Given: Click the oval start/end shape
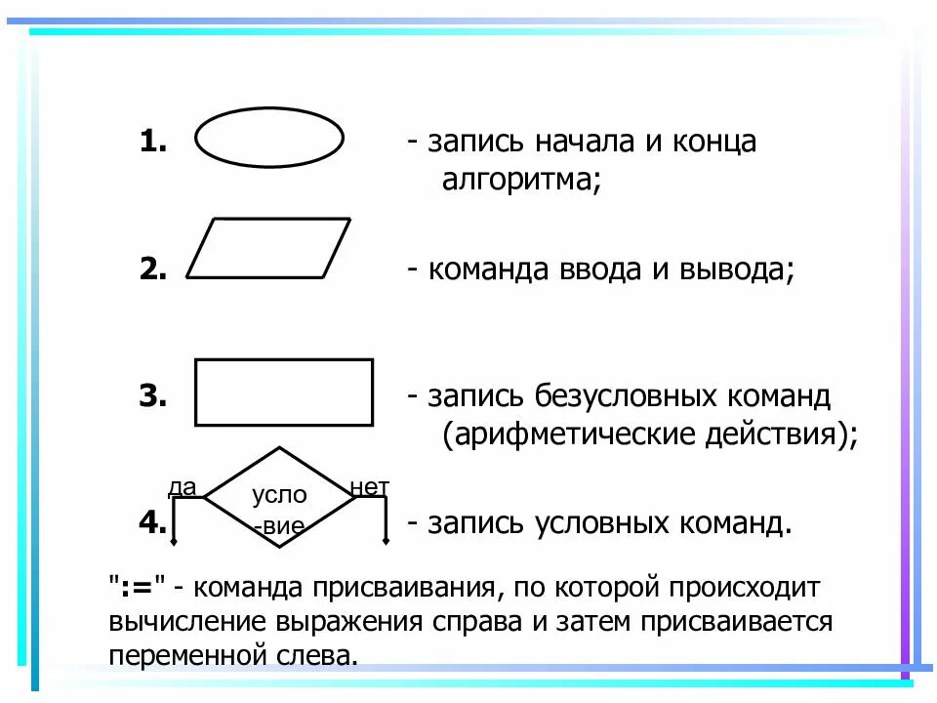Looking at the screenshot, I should tap(269, 139).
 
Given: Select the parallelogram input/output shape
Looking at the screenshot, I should tap(268, 248).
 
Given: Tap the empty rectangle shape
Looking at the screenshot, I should tap(284, 393).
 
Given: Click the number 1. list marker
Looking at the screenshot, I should tap(153, 142).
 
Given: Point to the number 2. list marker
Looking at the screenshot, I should tap(153, 269).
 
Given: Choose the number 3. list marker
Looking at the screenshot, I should tap(153, 396).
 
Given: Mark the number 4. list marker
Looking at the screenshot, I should tap(153, 523).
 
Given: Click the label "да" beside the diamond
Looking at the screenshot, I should tap(182, 485).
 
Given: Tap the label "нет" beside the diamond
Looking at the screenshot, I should tap(371, 485).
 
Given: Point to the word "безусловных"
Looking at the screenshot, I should tap(625, 396).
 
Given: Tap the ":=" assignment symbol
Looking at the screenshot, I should tap(141, 588).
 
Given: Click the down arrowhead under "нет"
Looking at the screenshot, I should tap(387, 539).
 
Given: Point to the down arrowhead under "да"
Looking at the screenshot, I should tap(173, 539).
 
